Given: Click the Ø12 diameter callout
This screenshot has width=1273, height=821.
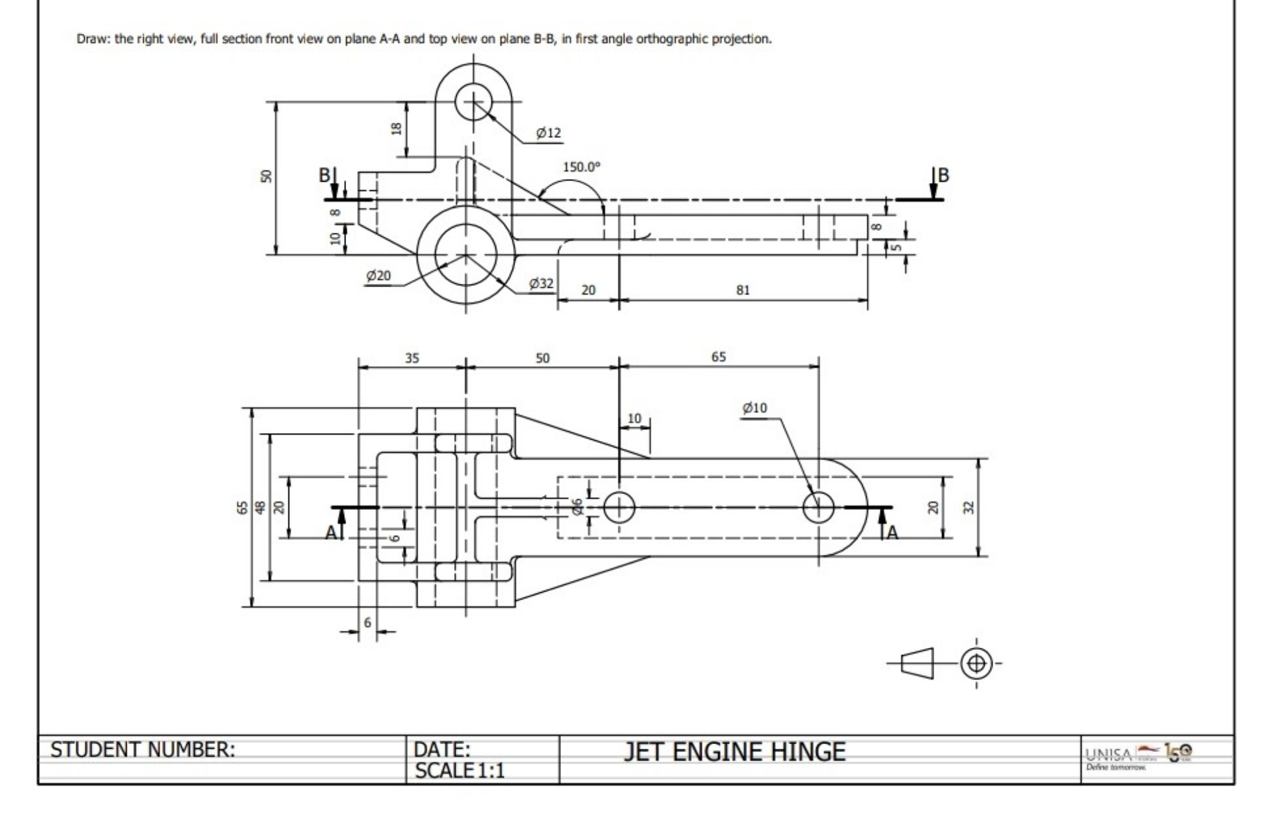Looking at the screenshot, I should [548, 133].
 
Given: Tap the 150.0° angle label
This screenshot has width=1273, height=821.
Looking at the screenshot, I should [581, 167].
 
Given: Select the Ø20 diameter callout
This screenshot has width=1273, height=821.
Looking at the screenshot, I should [379, 276].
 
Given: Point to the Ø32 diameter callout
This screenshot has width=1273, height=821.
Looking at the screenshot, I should [541, 284].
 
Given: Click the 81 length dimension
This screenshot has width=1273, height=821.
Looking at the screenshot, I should [743, 290].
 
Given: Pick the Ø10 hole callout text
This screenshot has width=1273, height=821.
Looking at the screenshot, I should [755, 408].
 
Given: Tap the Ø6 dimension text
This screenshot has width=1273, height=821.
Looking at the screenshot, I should [577, 507].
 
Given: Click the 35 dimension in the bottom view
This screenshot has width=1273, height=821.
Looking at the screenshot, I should [412, 358].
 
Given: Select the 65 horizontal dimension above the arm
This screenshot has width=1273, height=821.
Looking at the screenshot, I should [719, 357].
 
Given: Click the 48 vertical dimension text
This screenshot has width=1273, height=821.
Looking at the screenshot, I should [261, 507].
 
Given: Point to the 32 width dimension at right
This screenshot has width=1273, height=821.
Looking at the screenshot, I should [969, 507].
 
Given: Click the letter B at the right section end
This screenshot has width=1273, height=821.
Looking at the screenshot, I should [943, 175].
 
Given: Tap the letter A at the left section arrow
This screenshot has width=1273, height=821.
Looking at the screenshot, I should [331, 533].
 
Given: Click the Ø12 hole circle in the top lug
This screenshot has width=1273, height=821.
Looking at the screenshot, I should [473, 102].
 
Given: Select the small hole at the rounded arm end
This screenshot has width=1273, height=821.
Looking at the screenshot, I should [818, 508].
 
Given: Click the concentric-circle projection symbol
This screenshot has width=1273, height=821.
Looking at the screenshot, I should [976, 663].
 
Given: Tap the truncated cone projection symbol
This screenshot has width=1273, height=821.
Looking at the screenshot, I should [918, 663].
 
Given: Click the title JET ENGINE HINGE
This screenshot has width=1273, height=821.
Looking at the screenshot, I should [734, 752].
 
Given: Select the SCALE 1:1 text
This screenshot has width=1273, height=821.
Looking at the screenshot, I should [459, 771].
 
